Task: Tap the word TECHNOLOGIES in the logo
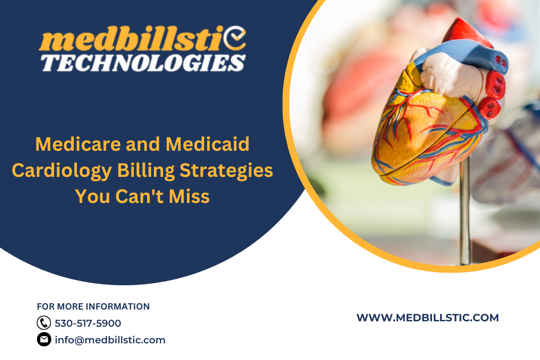[x=144, y=63]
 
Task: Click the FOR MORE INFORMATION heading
[x=93, y=306]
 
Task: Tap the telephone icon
[x=44, y=323]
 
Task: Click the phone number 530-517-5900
[x=88, y=323]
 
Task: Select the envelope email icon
[x=44, y=340]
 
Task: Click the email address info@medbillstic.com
[x=110, y=340]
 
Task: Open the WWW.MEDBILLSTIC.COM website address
[x=427, y=318]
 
